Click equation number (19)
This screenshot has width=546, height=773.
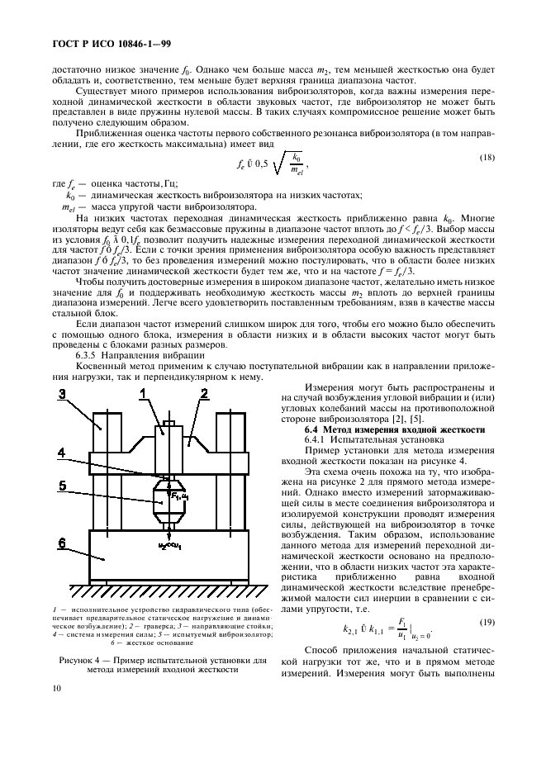(487, 621)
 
